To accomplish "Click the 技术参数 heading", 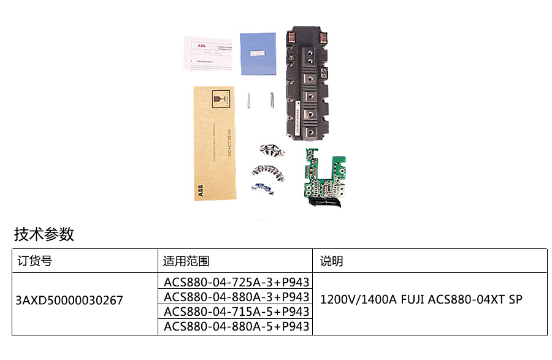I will click(x=44, y=234).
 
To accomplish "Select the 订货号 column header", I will click(x=35, y=261).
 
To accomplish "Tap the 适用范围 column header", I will click(x=186, y=261).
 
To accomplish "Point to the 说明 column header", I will click(x=332, y=261).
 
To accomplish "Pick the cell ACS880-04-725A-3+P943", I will click(x=236, y=283).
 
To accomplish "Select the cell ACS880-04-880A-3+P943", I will click(x=236, y=297).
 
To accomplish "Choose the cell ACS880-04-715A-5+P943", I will click(x=236, y=312).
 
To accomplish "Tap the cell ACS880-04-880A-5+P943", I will click(x=236, y=326).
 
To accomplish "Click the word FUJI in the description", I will click(x=414, y=300).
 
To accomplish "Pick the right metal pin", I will click(x=271, y=99).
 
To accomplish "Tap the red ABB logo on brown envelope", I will click(x=201, y=191).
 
